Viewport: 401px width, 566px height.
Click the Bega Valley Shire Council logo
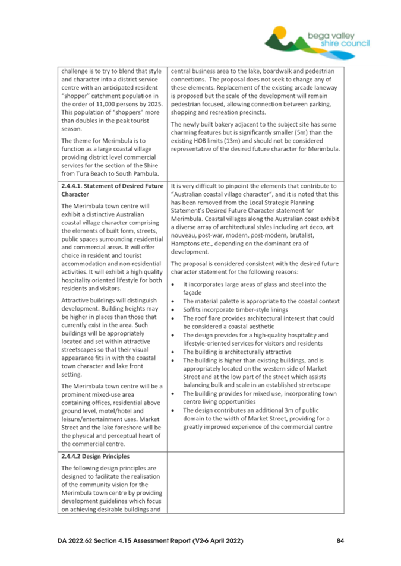pyautogui.click(x=317, y=37)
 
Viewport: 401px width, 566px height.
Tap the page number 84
pyautogui.click(x=340, y=541)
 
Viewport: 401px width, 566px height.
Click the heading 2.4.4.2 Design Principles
pyautogui.click(x=97, y=457)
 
